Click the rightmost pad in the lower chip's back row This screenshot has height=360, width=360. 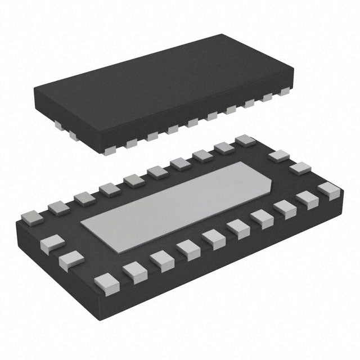click(x=245, y=141)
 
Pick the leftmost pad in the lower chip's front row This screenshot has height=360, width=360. click(x=104, y=280)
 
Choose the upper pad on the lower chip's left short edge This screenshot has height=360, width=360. click(x=50, y=243)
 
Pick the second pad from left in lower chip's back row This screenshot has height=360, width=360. click(x=57, y=207)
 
